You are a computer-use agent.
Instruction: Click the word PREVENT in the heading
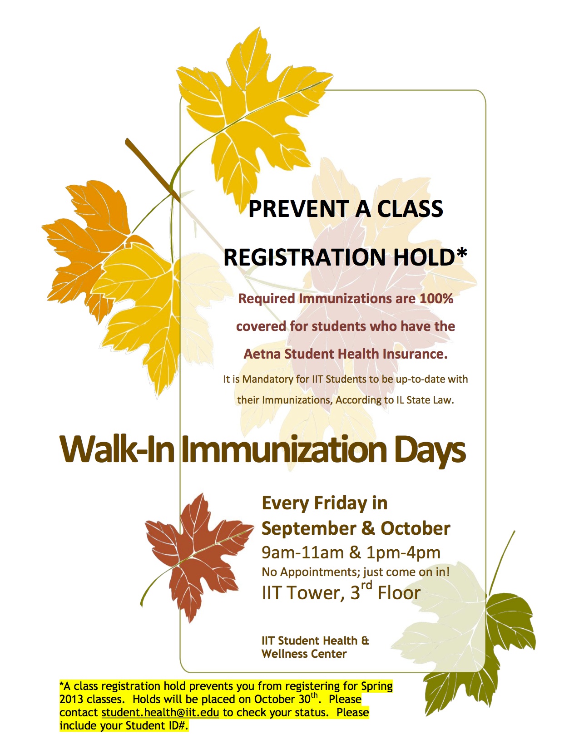click(x=298, y=209)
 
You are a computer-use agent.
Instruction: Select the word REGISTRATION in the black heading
click(x=305, y=257)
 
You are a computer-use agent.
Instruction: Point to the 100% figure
click(x=436, y=299)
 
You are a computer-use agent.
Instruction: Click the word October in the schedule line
click(x=415, y=528)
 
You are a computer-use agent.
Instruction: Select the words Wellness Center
click(x=304, y=654)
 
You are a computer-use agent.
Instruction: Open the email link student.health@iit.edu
click(x=160, y=713)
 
